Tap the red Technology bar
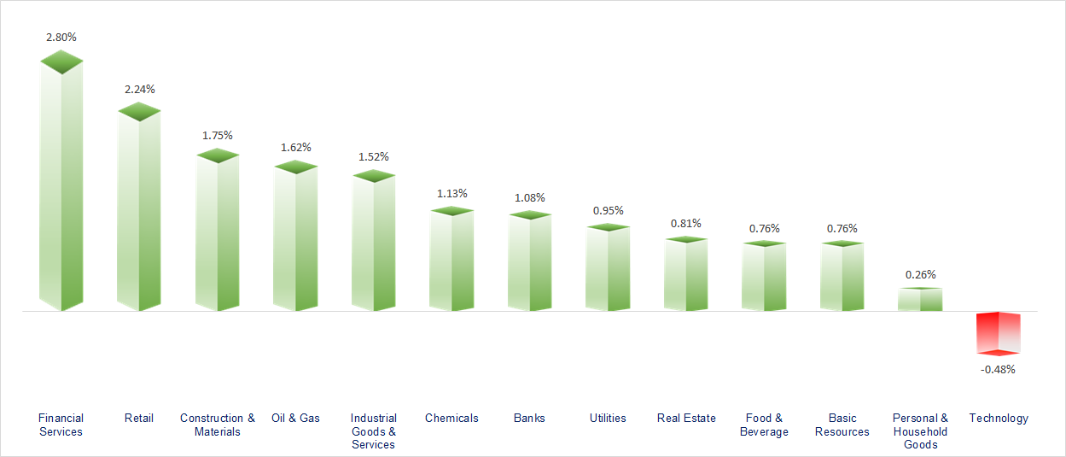click(999, 333)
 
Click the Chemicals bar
click(451, 260)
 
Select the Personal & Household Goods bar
click(920, 299)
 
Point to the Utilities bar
click(608, 268)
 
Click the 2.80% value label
click(61, 37)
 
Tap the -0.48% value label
click(999, 369)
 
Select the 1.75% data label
click(217, 135)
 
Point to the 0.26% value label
click(920, 274)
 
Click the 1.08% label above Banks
click(529, 197)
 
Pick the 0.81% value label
click(685, 223)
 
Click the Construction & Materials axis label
click(217, 425)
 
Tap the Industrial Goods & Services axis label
click(374, 431)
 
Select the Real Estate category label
click(686, 418)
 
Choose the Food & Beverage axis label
click(764, 425)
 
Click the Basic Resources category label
click(842, 425)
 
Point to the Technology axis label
click(999, 418)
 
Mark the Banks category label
click(529, 418)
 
